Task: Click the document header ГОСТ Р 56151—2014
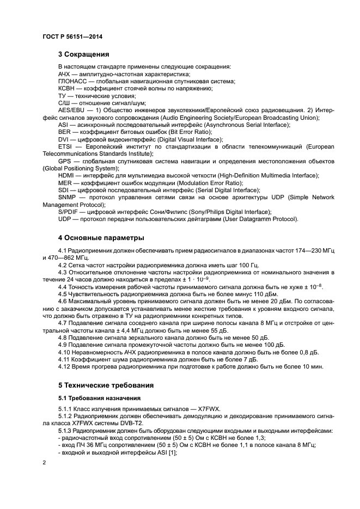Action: (x=72, y=36)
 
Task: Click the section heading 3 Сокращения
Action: (x=84, y=54)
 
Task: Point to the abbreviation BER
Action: (x=64, y=132)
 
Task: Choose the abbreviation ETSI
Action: (x=65, y=147)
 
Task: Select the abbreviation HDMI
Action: (x=66, y=175)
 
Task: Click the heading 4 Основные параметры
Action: (x=101, y=238)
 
